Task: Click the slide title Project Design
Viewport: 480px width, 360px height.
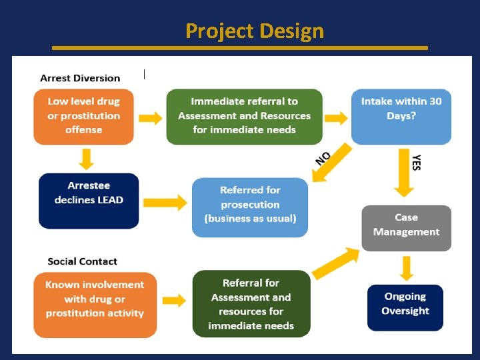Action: click(x=255, y=31)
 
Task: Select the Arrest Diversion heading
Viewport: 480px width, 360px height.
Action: click(x=80, y=78)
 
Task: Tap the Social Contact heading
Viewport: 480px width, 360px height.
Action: click(x=82, y=261)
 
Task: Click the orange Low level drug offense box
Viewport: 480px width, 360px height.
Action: click(x=83, y=116)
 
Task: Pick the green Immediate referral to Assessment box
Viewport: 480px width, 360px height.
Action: click(x=244, y=116)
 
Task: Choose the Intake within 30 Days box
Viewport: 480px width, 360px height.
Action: click(x=401, y=116)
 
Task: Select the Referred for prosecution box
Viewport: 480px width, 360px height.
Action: click(x=250, y=207)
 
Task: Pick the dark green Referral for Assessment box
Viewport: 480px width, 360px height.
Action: click(x=251, y=303)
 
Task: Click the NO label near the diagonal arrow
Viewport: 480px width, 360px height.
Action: click(x=324, y=157)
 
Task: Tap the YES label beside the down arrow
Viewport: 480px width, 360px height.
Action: click(x=417, y=163)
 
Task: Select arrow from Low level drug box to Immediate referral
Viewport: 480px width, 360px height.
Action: click(x=150, y=117)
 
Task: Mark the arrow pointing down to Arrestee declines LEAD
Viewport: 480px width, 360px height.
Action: click(x=85, y=159)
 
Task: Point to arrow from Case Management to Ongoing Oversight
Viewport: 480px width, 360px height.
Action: click(x=406, y=267)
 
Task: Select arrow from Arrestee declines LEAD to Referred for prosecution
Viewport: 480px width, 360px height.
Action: click(x=165, y=202)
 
